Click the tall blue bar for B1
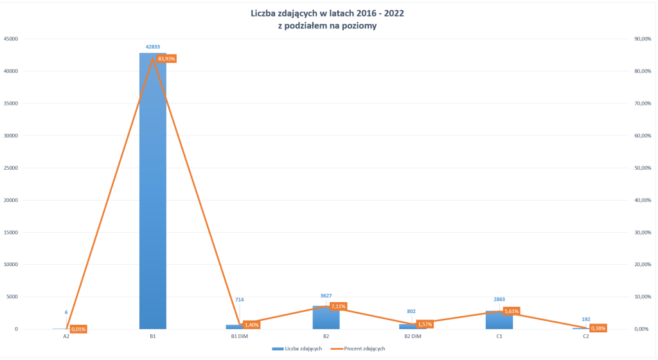coord(152,193)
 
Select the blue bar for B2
coord(326,318)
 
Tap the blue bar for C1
coord(499,321)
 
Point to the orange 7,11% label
coord(338,306)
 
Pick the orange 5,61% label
coord(511,311)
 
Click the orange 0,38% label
coord(598,328)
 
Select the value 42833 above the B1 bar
coord(152,46)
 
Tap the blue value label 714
coord(239,300)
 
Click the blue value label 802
coord(412,311)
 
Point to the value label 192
coord(585,319)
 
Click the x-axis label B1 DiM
coord(239,336)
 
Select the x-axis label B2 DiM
coord(412,336)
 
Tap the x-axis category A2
coord(66,336)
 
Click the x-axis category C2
coord(585,336)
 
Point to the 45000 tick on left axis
coord(10,39)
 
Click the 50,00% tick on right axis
coord(643,168)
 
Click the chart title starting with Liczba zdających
coord(327,13)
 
